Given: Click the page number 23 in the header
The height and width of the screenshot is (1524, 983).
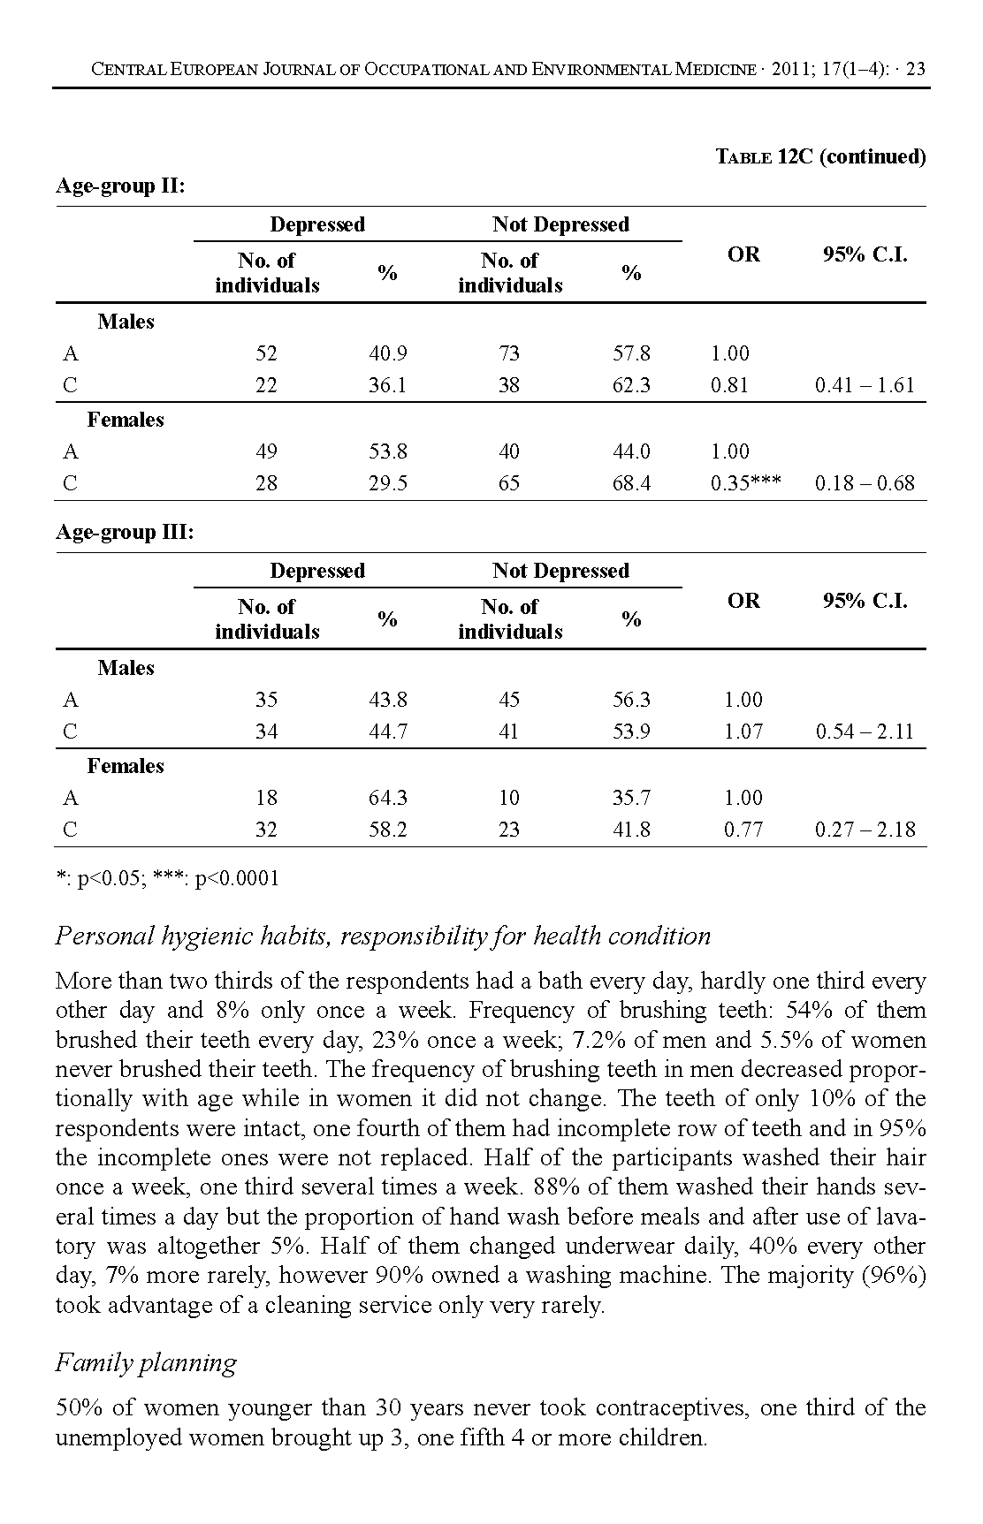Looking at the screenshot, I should (x=916, y=69).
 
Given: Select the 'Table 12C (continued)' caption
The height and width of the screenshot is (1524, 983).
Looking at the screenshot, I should (x=820, y=157).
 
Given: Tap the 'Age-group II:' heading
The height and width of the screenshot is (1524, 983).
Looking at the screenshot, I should (x=120, y=186).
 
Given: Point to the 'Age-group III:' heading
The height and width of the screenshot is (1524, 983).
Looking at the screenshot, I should (x=125, y=533).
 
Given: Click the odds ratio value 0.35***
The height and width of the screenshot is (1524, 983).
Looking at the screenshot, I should (x=746, y=483).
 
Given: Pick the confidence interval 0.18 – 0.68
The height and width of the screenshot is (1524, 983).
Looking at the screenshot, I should (x=865, y=483).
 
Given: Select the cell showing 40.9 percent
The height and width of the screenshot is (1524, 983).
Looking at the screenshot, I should (x=387, y=353).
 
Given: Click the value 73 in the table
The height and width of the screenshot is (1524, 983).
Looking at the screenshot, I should (x=509, y=353).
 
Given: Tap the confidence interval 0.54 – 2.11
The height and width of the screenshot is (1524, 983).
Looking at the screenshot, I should (x=865, y=732).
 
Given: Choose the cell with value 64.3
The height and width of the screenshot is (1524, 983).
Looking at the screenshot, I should (x=387, y=798).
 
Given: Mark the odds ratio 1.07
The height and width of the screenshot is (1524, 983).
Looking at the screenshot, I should (x=743, y=732).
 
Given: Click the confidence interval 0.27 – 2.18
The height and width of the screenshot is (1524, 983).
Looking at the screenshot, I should (x=865, y=830).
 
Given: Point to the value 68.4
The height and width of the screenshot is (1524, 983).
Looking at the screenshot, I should (x=631, y=483).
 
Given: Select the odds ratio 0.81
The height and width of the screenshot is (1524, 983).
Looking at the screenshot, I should (x=729, y=385).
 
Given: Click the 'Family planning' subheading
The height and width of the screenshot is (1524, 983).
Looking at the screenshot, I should (x=146, y=1362).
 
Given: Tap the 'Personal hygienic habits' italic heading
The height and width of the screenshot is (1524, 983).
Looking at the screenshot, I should (x=382, y=936).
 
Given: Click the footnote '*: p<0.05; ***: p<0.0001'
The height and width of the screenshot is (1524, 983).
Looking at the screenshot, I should (x=167, y=878).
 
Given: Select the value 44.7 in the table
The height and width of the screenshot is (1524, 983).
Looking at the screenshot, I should (x=387, y=732).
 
